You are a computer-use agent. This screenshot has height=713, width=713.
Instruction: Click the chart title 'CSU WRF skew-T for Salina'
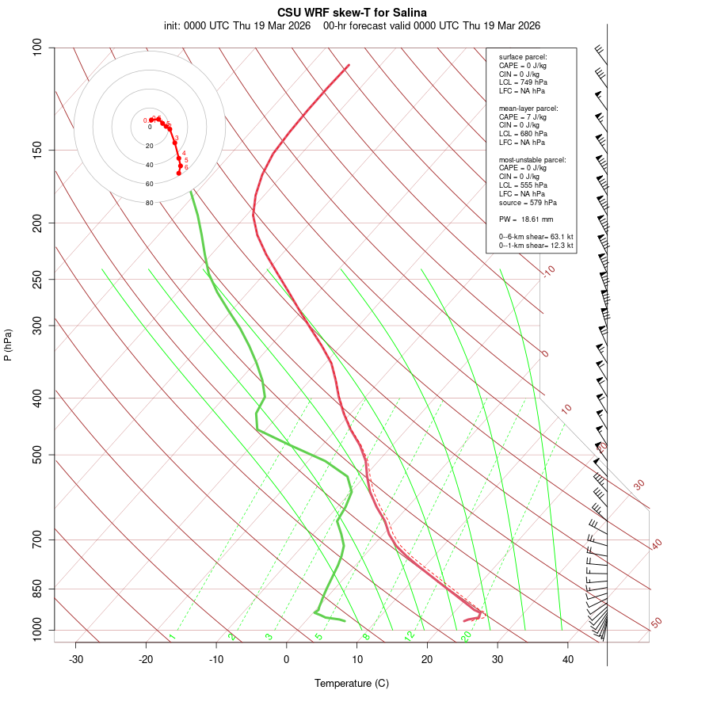click(x=352, y=13)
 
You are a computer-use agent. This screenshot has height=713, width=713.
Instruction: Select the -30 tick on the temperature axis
click(x=76, y=660)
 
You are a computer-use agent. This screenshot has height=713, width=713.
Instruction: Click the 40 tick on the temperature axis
click(x=568, y=660)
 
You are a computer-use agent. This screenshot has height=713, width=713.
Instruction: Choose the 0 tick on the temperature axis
click(x=287, y=660)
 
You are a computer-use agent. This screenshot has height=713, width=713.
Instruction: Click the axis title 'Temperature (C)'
click(x=352, y=683)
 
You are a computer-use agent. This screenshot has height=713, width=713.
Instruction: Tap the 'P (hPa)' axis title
click(x=8, y=345)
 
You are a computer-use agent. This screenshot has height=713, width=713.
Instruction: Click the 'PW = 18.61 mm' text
click(x=526, y=219)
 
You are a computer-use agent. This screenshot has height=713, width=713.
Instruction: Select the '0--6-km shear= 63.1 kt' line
click(x=536, y=237)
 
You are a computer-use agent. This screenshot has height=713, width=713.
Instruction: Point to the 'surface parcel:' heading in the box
click(x=523, y=57)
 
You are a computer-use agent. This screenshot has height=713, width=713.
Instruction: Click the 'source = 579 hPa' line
click(x=528, y=202)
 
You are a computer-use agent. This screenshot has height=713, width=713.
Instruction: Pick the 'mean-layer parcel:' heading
click(x=528, y=108)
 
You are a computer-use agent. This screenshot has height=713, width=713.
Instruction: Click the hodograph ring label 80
click(x=149, y=203)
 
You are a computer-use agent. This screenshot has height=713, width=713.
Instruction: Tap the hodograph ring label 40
click(x=149, y=165)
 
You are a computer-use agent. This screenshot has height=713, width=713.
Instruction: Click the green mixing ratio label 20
click(x=467, y=635)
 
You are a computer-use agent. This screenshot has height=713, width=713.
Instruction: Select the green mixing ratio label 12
click(x=410, y=635)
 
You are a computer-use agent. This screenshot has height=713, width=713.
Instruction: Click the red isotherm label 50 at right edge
click(x=656, y=623)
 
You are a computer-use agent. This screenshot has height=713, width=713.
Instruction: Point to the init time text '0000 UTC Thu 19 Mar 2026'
click(x=247, y=25)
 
